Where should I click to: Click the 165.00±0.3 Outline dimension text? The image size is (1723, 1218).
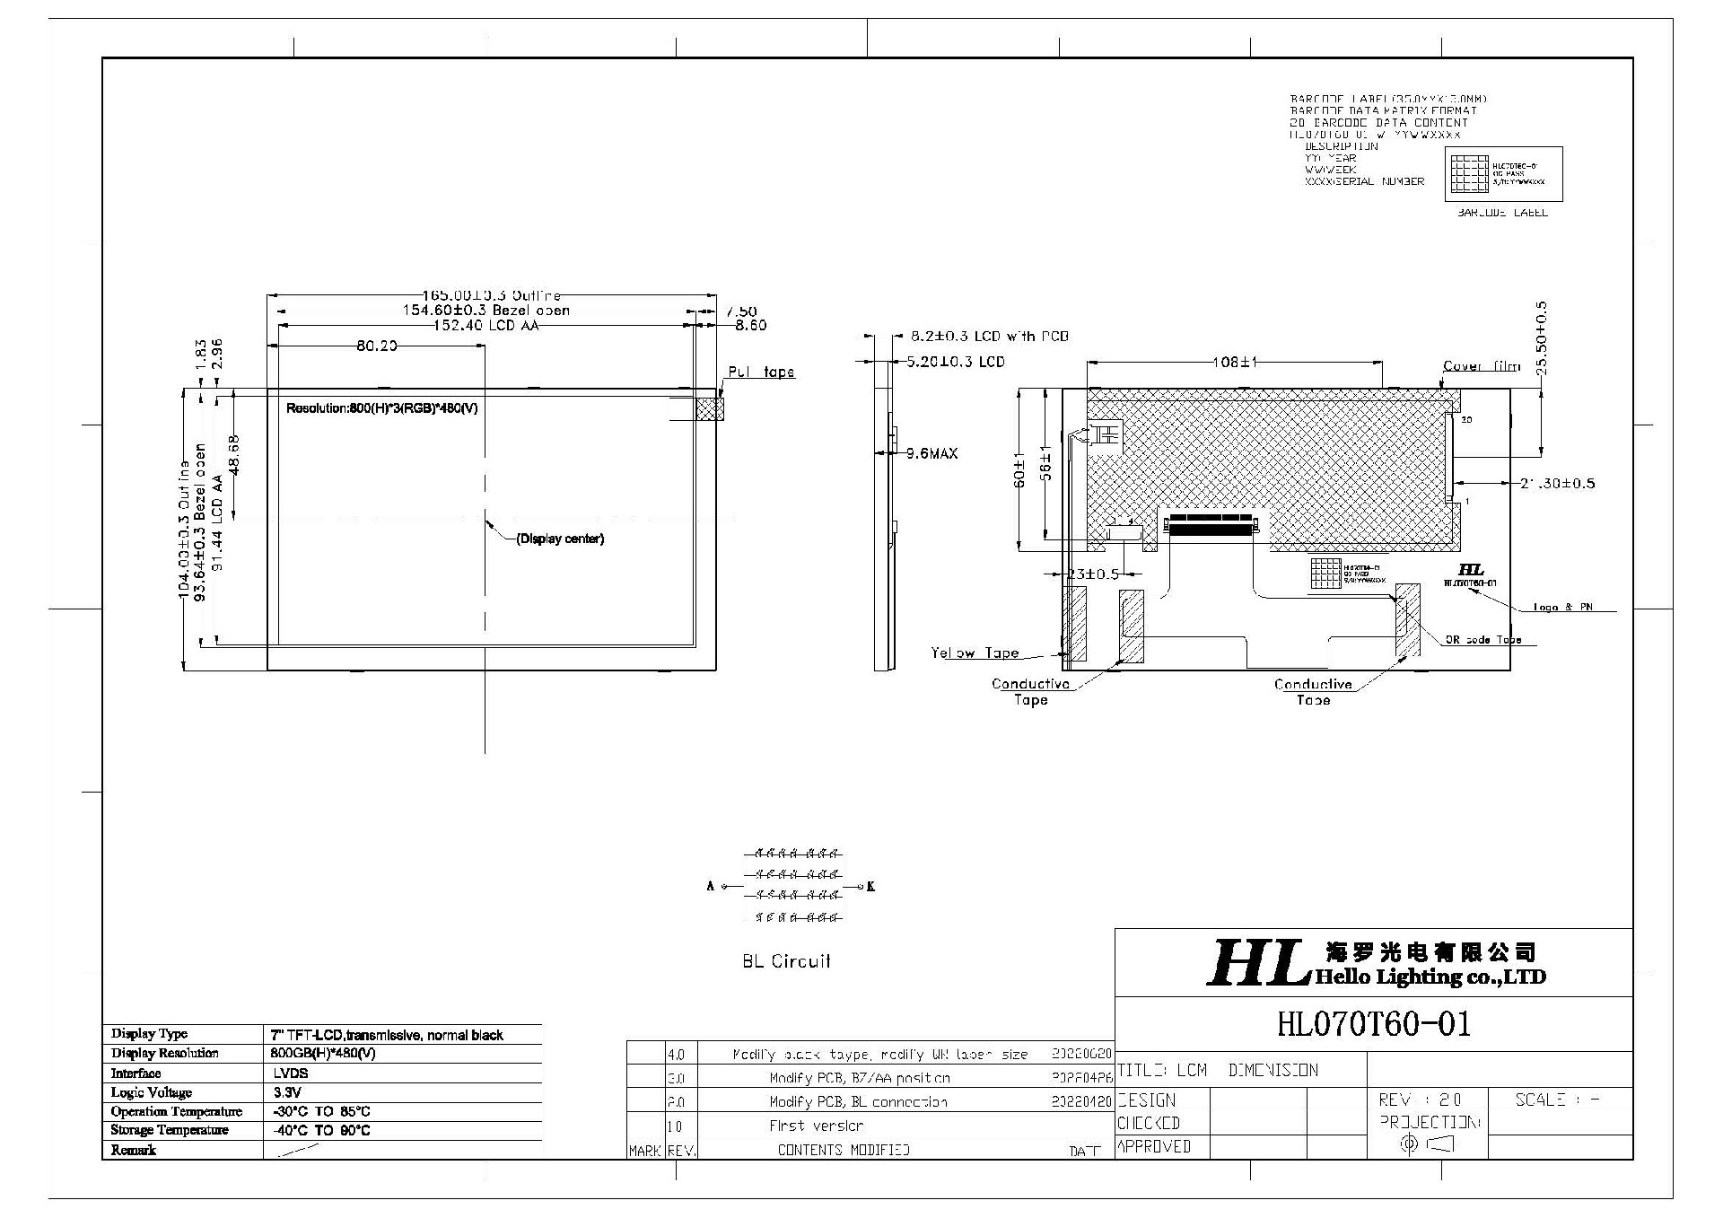[492, 295]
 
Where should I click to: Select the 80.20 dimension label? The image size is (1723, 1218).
[376, 346]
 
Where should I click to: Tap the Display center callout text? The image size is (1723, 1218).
[560, 539]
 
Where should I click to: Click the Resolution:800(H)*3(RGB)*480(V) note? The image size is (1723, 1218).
[381, 408]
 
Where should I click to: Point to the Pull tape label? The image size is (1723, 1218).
[760, 372]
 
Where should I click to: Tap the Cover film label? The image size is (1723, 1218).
[1481, 366]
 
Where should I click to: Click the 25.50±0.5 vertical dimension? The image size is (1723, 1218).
[1541, 337]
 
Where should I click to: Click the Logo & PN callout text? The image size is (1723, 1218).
[1562, 608]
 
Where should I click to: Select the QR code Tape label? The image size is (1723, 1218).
[1482, 641]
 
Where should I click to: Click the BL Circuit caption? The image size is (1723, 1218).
[786, 961]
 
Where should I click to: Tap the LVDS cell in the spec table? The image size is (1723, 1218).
[291, 1073]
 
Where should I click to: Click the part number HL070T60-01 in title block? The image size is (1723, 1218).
[1373, 1024]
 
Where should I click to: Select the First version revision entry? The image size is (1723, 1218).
[816, 1126]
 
